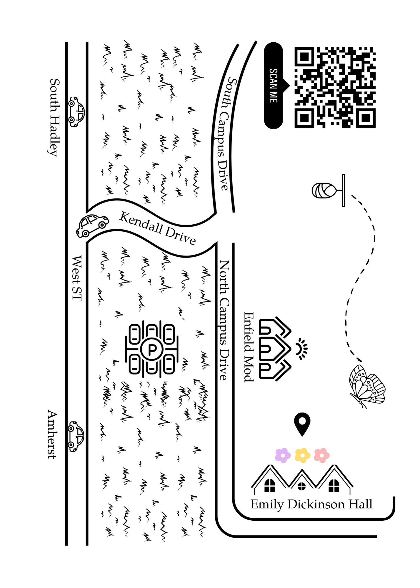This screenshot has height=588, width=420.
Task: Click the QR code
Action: click(x=335, y=87)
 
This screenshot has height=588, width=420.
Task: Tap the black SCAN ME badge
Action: click(x=274, y=86)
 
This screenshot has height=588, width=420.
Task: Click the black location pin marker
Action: click(x=302, y=424)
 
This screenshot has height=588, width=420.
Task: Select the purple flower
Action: click(x=283, y=455)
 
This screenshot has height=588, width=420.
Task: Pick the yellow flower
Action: click(x=302, y=455)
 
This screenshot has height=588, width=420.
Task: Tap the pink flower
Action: click(x=322, y=455)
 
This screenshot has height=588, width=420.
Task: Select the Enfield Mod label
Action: click(x=249, y=347)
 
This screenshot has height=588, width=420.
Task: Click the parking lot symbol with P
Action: click(x=152, y=349)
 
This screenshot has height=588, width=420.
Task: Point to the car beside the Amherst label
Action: click(x=76, y=436)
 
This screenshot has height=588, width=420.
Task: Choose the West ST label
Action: click(x=77, y=278)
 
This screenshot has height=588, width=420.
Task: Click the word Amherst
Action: click(x=52, y=435)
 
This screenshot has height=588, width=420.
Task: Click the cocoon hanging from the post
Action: click(x=324, y=191)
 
